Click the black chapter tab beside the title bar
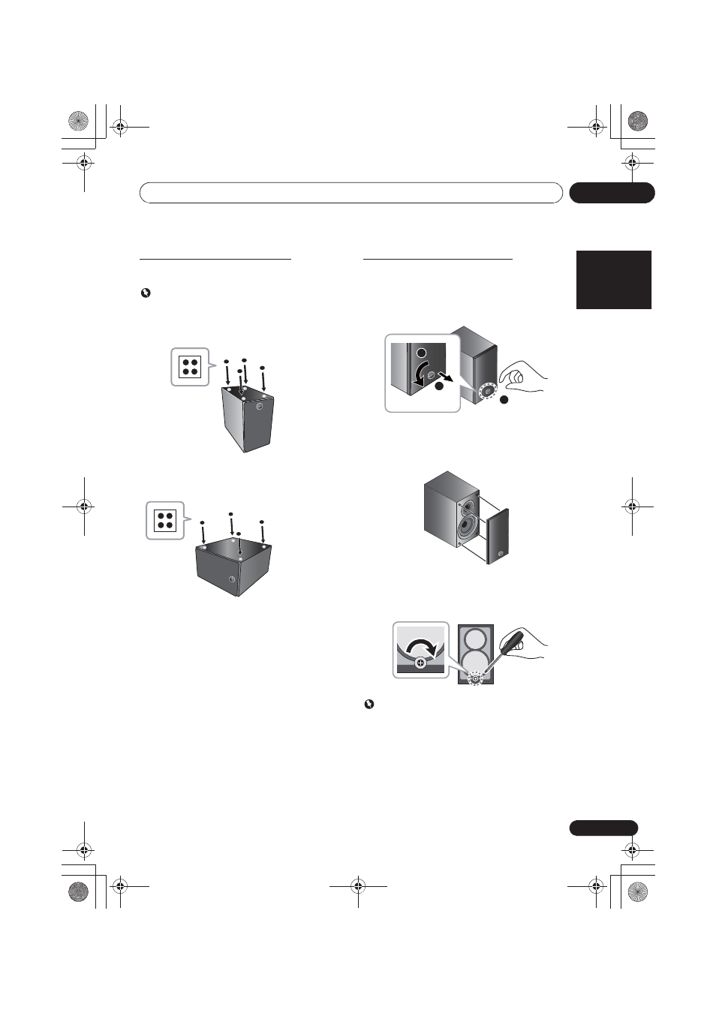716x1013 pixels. pos(612,193)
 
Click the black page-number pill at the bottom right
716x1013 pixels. pos(603,828)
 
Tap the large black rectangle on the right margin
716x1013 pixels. pos(613,279)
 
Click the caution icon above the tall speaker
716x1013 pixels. pos(146,293)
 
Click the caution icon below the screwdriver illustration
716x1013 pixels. pos(369,704)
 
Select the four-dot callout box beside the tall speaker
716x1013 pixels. pos(189,367)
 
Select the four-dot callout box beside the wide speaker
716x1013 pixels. pos(164,520)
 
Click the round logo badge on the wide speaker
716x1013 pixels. pos(232,579)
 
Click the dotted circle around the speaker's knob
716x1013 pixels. pos(489,392)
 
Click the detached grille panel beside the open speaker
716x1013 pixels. pos(498,536)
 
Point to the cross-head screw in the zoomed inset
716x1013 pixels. pos(420,663)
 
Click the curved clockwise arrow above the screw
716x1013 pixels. pos(421,645)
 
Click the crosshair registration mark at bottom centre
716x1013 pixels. pos(358,885)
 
